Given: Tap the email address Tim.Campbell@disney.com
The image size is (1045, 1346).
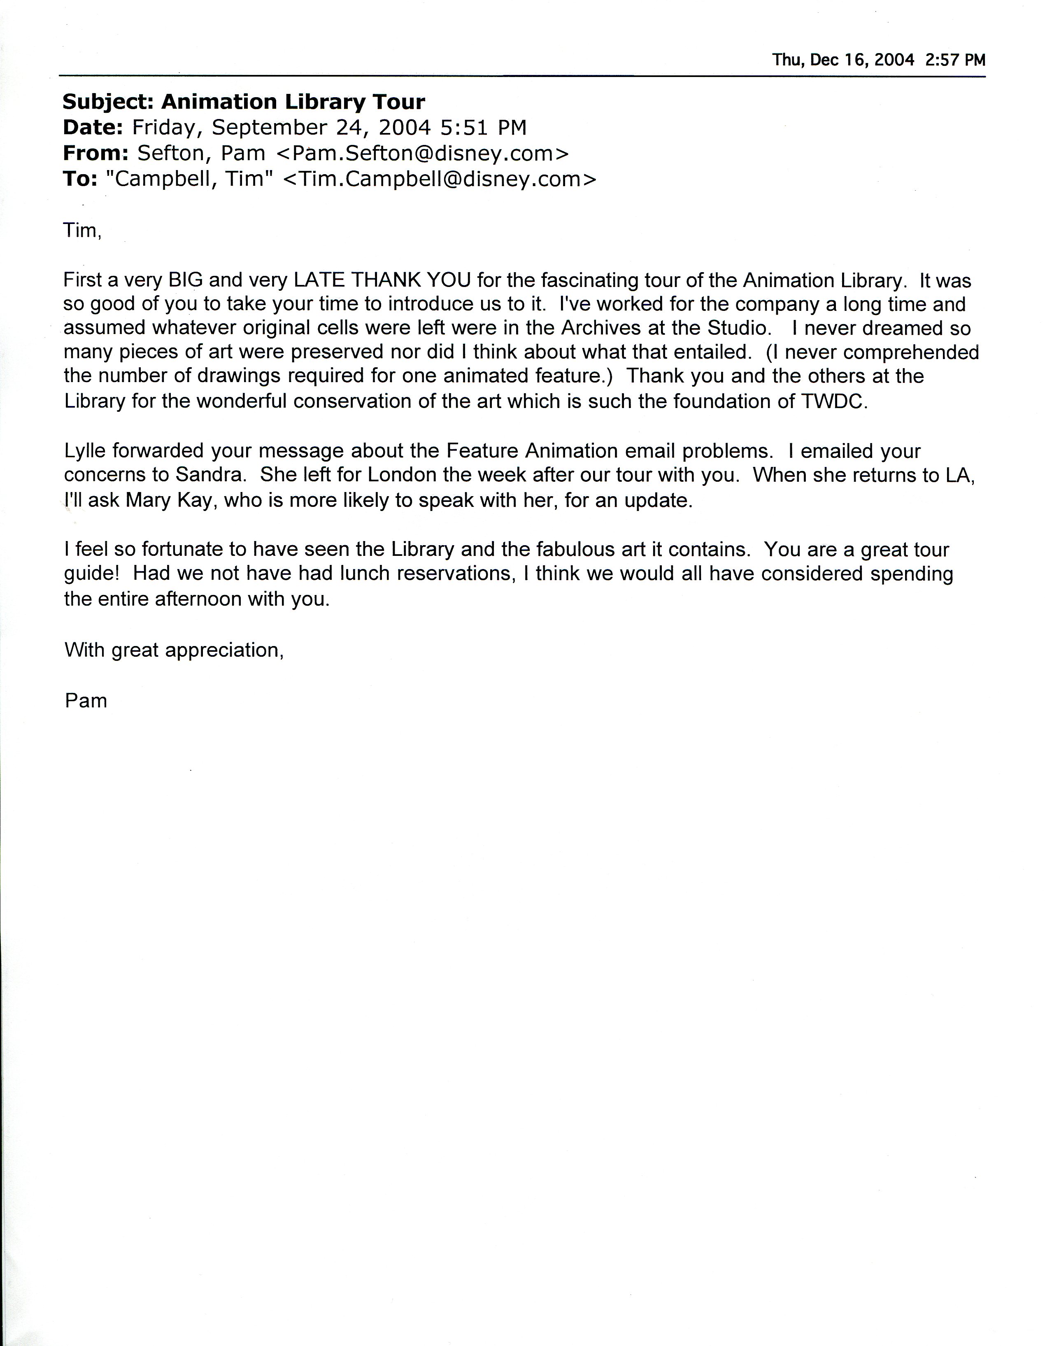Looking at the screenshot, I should point(440,180).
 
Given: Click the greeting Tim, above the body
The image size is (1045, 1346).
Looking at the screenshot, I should point(81,231).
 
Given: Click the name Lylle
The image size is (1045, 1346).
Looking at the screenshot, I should point(86,451).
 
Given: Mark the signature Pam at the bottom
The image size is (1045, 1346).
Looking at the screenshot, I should point(86,701).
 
